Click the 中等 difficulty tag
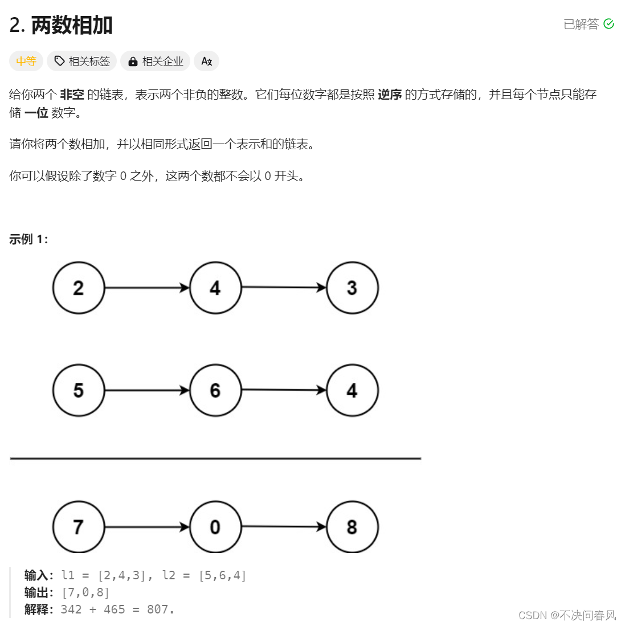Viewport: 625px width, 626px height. point(26,61)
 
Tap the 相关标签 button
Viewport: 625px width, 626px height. point(82,61)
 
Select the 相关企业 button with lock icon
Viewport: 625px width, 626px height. point(155,61)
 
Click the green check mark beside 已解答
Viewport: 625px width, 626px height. point(608,24)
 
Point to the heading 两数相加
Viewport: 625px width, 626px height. point(72,25)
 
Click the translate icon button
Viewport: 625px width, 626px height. point(206,61)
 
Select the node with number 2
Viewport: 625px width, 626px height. point(79,288)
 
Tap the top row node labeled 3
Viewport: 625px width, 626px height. point(352,288)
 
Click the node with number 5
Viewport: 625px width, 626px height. point(79,390)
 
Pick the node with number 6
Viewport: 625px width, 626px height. point(215,390)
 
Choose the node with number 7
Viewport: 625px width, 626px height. point(79,527)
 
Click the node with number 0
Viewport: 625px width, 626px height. point(215,527)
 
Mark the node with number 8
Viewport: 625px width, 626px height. point(352,527)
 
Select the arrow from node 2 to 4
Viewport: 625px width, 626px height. point(147,288)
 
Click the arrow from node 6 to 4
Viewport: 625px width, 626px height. point(284,390)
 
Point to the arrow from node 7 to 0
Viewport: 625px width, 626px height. point(147,527)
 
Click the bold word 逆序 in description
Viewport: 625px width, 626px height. point(390,95)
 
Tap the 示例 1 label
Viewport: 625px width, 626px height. point(28,239)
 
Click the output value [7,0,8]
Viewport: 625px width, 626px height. point(85,592)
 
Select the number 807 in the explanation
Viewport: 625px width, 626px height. point(157,609)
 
